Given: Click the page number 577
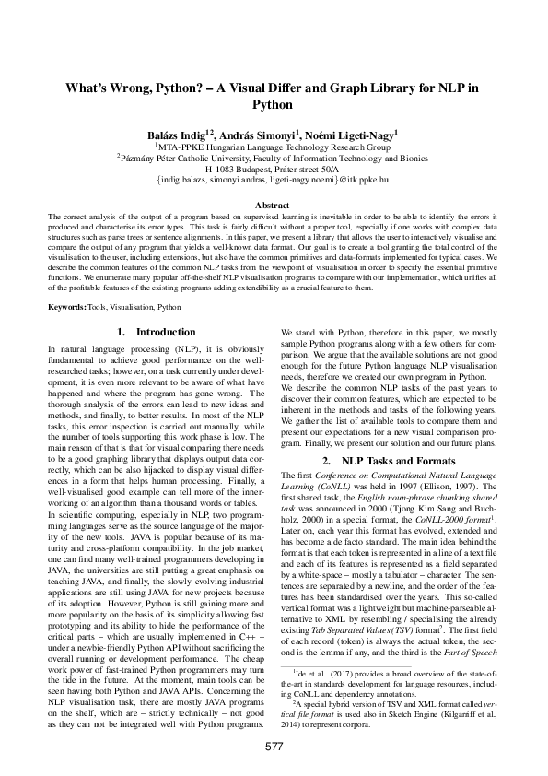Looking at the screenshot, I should click(x=274, y=745).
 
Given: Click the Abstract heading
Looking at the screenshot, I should click(x=274, y=205).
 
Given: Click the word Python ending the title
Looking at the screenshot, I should click(x=274, y=105).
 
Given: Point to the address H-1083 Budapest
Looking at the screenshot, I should click(x=241, y=170).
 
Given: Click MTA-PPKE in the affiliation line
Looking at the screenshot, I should click(x=180, y=146).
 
